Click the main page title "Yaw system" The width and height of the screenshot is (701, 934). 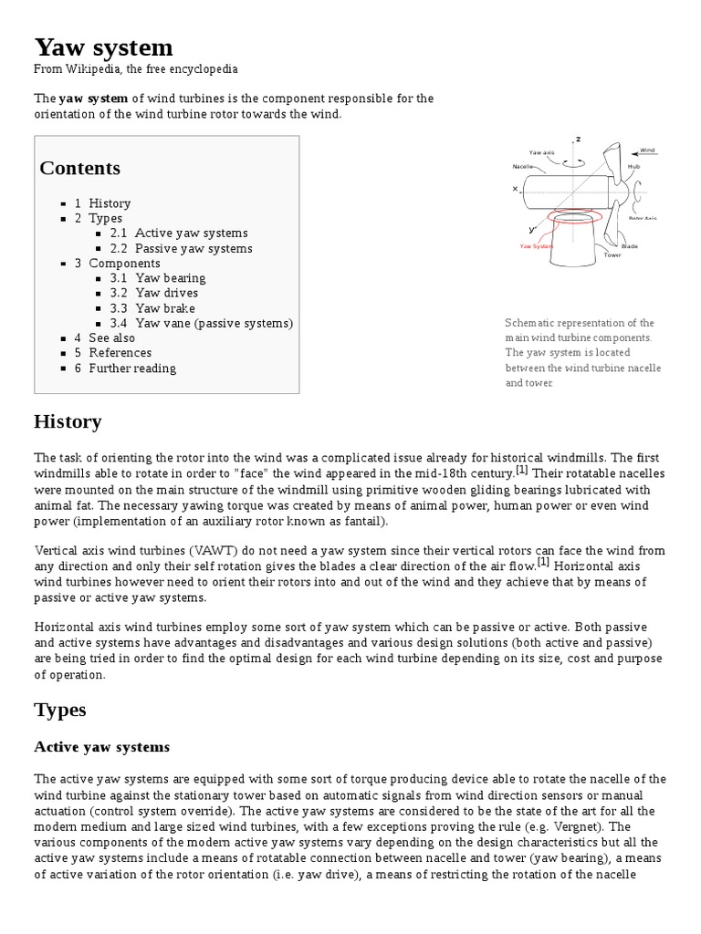[103, 47]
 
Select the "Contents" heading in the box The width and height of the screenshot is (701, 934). [79, 168]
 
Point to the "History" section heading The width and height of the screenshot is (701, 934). [68, 421]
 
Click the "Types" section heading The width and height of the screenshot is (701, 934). [60, 710]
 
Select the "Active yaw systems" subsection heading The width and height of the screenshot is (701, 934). [101, 747]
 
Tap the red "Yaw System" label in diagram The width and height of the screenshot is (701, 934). [536, 246]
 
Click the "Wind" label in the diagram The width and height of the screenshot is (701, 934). [647, 150]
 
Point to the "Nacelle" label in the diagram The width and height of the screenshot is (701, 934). [522, 167]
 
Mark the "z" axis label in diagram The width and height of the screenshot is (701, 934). [578, 139]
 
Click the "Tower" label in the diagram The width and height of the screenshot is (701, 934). [612, 255]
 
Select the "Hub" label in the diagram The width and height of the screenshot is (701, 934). [633, 167]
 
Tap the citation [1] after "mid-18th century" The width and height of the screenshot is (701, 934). [521, 471]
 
